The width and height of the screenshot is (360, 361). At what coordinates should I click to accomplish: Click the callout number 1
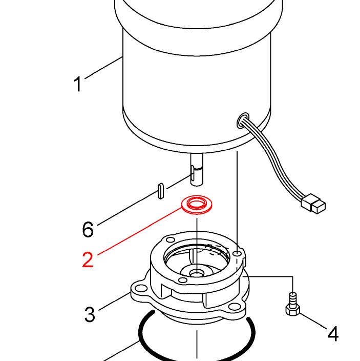[78, 84]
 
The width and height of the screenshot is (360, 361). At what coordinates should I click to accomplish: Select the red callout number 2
[88, 260]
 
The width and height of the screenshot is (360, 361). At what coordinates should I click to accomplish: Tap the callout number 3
[90, 314]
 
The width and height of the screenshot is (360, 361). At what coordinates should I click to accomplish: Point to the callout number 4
[333, 334]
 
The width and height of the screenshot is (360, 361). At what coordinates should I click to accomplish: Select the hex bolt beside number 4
[292, 306]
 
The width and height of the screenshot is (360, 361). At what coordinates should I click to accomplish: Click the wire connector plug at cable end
[313, 204]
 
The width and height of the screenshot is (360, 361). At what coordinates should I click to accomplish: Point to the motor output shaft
[197, 169]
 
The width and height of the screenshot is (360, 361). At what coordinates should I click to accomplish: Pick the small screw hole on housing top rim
[236, 253]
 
